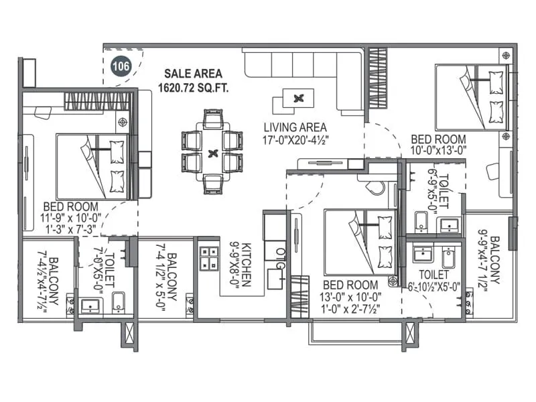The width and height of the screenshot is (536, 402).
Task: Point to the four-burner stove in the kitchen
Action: pyautogui.click(x=208, y=259)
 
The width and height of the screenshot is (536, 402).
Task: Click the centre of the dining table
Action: pyautogui.click(x=212, y=153)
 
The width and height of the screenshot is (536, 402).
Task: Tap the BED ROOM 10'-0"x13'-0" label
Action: pyautogui.click(x=440, y=144)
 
